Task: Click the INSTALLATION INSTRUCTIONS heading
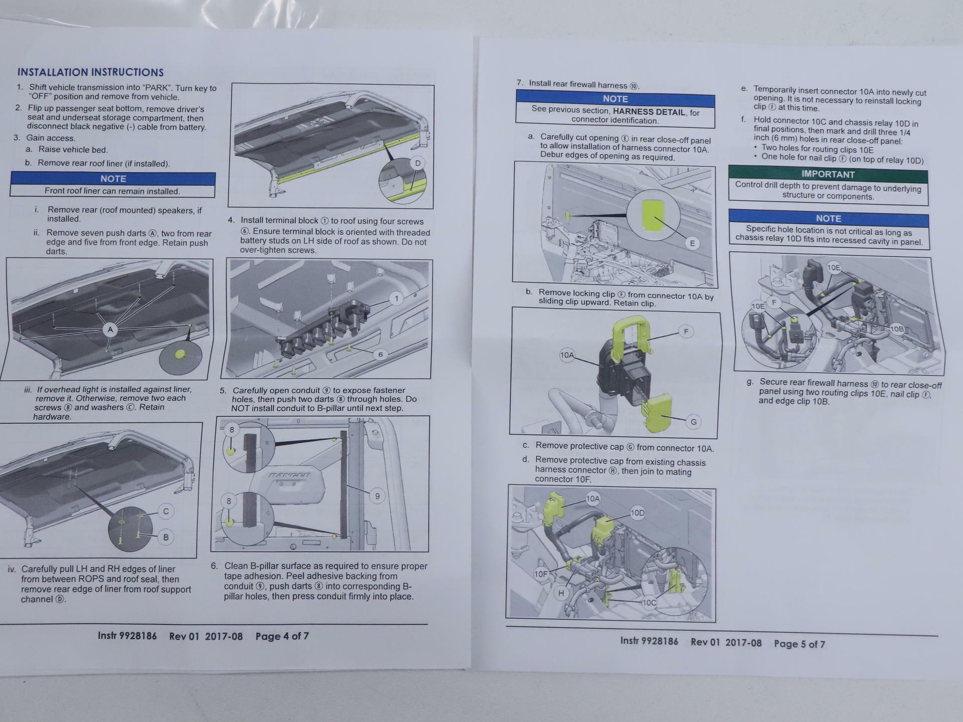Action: coord(91,72)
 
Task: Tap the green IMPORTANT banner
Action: coord(828,174)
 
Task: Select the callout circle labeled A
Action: coord(110,329)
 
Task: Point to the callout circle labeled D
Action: coord(417,163)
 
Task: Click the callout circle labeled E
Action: coord(692,243)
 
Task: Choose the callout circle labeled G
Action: coord(694,422)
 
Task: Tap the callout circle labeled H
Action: coord(561,593)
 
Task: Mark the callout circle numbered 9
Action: coord(377,496)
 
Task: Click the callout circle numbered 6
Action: coord(381,354)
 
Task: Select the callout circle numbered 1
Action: coord(396,299)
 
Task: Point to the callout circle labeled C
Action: coord(166,511)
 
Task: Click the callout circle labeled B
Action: coord(166,537)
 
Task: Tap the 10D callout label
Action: coord(637,513)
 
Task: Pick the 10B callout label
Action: coord(897,329)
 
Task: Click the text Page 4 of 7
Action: coord(282,636)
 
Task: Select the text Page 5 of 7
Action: coord(799,644)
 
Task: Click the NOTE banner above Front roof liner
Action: coord(113,178)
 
